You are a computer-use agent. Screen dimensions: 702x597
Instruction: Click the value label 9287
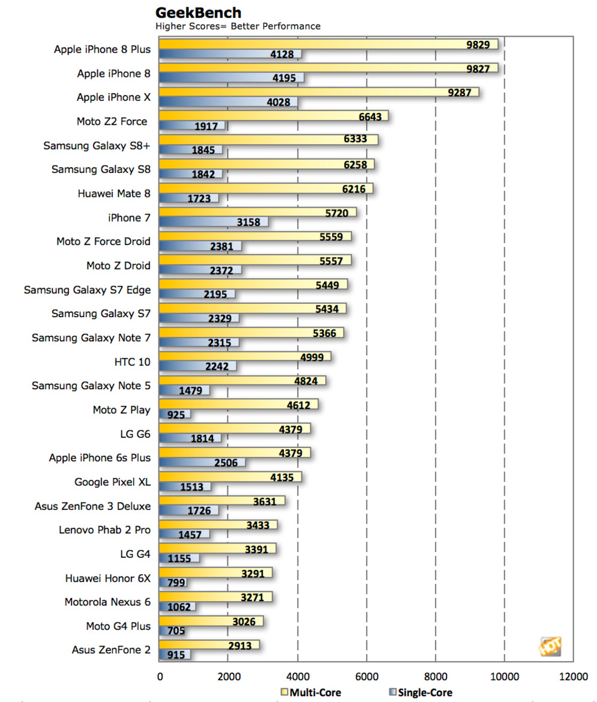[x=460, y=92]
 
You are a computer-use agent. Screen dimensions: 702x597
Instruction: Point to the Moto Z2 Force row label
[x=112, y=121]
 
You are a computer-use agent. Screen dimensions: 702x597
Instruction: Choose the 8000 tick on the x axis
[x=436, y=676]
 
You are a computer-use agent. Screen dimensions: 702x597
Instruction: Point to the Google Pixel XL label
[x=112, y=482]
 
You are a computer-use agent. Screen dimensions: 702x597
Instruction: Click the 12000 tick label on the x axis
[x=573, y=676]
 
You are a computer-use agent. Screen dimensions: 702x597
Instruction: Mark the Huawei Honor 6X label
[x=108, y=578]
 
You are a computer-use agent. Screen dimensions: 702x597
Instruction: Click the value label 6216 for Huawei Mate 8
[x=353, y=189]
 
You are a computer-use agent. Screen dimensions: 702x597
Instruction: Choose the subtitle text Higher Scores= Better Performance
[x=238, y=26]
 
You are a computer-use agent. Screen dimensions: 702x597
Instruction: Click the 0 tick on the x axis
[x=160, y=676]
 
